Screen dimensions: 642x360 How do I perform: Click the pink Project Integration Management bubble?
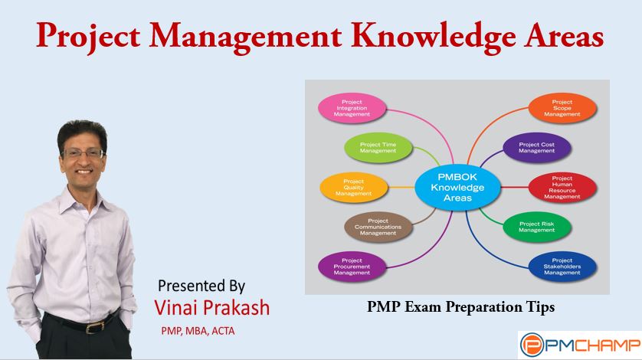point(352,108)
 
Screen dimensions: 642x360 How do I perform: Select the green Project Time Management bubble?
point(378,147)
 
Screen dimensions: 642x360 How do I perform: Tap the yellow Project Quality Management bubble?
point(353,188)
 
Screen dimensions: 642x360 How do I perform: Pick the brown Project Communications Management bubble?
point(378,227)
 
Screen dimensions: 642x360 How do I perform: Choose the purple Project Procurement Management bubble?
point(352,267)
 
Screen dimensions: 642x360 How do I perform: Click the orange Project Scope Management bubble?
point(562,108)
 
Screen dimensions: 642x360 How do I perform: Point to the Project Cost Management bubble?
point(537,147)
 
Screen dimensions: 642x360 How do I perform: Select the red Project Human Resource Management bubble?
point(562,188)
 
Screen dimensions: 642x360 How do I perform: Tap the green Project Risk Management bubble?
point(537,227)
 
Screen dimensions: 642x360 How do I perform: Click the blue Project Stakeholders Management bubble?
point(562,267)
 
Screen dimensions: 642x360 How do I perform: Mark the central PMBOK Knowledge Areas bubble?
point(457,188)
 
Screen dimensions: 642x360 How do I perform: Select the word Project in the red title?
point(88,36)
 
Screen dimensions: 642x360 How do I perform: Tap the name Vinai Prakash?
point(211,308)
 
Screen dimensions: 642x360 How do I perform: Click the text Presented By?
point(201,286)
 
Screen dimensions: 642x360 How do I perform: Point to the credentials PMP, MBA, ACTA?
point(198,331)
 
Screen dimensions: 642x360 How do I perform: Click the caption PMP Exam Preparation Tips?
point(460,306)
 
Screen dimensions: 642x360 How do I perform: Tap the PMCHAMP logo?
point(580,345)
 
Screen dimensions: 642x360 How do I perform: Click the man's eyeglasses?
point(83,154)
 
